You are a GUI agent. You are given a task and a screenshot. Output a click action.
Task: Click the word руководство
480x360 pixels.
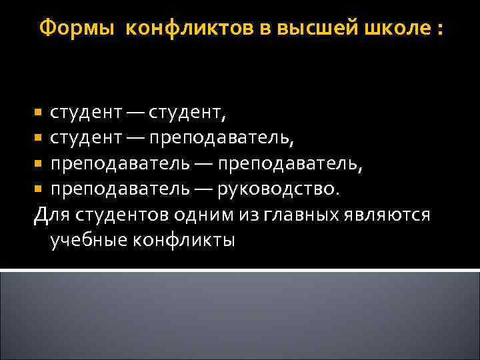coord(279,189)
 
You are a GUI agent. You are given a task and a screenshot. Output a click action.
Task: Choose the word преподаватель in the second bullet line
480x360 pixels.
coord(221,139)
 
